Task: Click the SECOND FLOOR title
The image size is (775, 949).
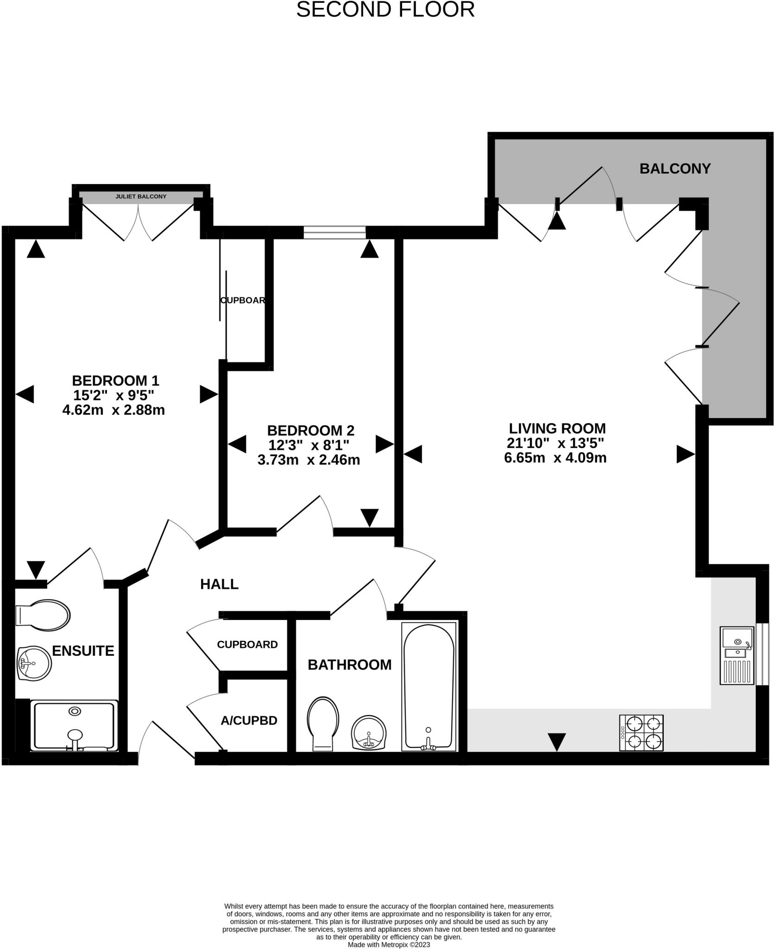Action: pos(385,10)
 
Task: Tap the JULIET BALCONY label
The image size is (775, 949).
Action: pos(141,196)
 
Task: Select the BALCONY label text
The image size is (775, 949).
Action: pos(675,169)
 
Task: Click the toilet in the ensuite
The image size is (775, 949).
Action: pos(43,616)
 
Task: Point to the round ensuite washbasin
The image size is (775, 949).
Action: pos(34,664)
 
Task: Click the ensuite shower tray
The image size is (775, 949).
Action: pos(74,725)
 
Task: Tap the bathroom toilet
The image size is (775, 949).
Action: pos(323,724)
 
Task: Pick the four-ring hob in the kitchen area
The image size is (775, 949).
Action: pos(642,733)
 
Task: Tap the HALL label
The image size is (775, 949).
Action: pos(219,584)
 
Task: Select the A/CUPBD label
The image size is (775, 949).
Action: pos(249,721)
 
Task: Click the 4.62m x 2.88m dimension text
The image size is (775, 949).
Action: pos(113,410)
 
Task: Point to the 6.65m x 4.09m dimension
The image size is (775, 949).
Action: pos(555,458)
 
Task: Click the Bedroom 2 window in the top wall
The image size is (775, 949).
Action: pos(334,232)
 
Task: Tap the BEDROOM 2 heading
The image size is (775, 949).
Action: pos(310,430)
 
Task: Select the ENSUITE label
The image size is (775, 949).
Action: pos(83,651)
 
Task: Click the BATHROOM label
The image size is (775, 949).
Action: pos(350,664)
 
